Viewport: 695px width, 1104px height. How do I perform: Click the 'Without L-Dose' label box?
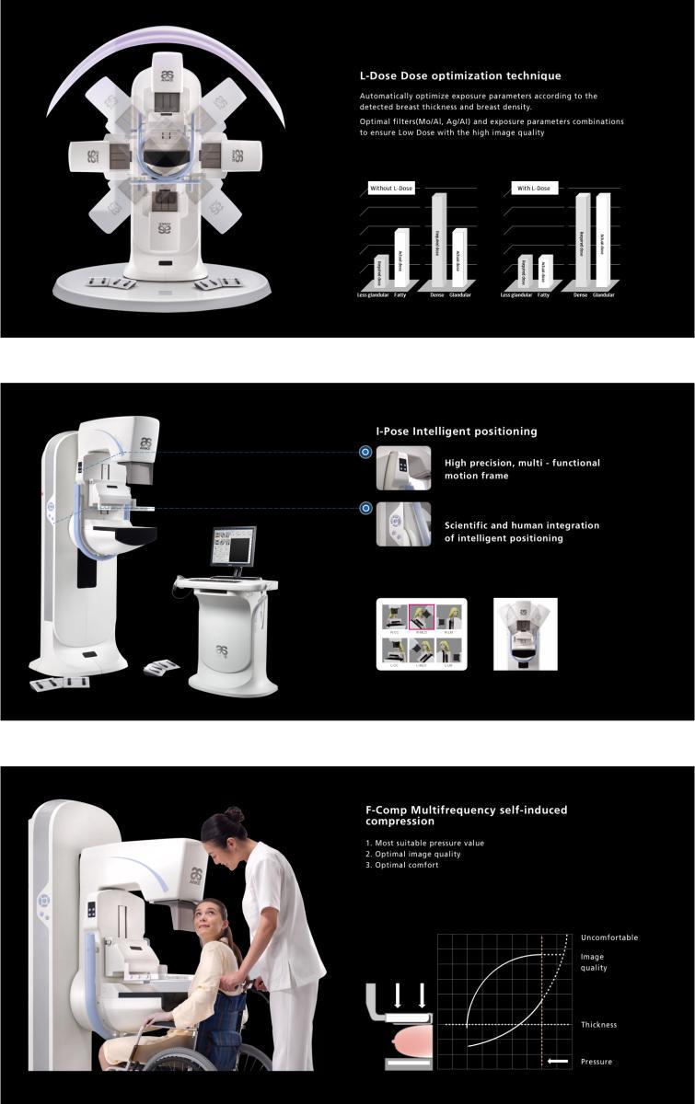point(391,188)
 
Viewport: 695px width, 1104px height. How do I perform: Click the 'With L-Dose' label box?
point(534,188)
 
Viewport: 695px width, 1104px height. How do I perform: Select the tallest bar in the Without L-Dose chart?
point(438,237)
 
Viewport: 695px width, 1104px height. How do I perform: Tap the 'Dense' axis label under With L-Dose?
point(580,295)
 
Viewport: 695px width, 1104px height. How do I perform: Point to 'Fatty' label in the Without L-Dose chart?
point(400,295)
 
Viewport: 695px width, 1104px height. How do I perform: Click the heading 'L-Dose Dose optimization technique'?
point(459,75)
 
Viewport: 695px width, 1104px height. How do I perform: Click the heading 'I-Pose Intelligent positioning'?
point(456,431)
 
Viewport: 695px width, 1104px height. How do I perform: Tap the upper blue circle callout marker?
point(365,452)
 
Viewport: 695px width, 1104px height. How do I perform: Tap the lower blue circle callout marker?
point(365,508)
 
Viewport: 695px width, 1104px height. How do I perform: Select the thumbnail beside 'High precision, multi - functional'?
point(403,468)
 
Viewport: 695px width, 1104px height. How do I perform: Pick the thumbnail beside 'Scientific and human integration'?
point(403,524)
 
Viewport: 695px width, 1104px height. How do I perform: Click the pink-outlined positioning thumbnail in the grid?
point(422,617)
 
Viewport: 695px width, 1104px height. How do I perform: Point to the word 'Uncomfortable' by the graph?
point(608,937)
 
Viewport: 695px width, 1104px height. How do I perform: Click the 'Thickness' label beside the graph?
point(598,1025)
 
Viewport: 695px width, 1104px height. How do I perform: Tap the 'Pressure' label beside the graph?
point(596,1062)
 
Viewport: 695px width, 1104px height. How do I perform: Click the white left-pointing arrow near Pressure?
point(557,1062)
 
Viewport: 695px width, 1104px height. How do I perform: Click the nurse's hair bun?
point(235,814)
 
